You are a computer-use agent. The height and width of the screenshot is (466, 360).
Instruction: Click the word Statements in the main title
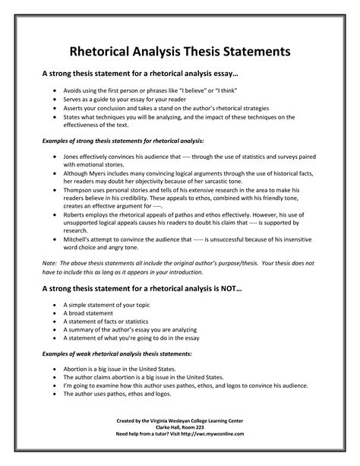point(258,52)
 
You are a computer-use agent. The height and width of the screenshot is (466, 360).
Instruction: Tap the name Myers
point(101,173)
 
